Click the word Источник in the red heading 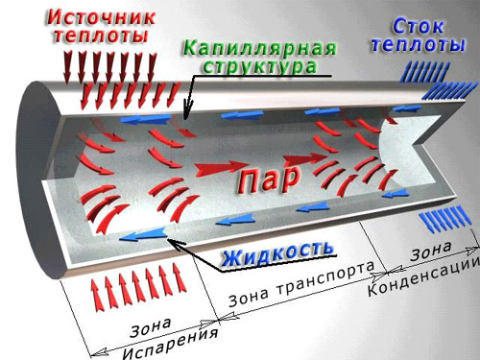coord(101,16)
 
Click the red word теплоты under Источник coord(101,36)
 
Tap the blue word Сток coord(418,27)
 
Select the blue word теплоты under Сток coord(418,44)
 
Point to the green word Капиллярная coord(260,49)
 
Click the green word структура coord(260,66)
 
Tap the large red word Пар coord(269,180)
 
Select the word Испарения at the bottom coord(170,344)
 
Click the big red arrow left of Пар coord(222,168)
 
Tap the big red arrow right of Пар coord(304,158)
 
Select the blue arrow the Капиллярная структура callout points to coord(146,119)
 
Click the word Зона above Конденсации coord(431,251)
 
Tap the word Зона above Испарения coord(151,327)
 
